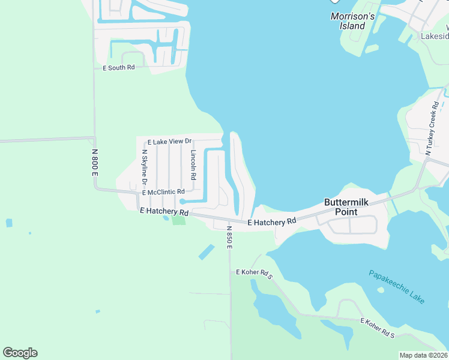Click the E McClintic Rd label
point(163,192)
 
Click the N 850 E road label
point(229,237)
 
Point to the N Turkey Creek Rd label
point(432,128)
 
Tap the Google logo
point(20,352)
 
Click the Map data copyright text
point(424,355)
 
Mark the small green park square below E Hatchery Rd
point(178,220)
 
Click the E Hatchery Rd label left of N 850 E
point(164,212)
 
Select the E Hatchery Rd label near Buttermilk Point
point(272,221)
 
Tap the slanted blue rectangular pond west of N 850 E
point(206,252)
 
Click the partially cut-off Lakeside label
point(434,36)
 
